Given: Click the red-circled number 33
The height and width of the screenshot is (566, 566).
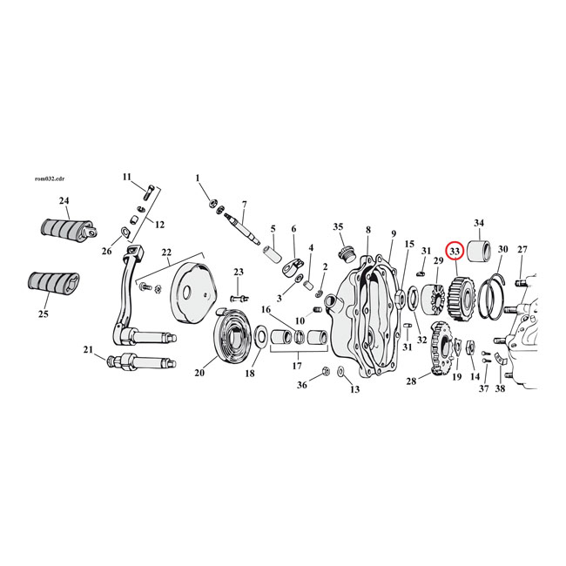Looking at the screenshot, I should click(454, 251).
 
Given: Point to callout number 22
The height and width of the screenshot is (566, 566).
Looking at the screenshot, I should click(165, 253).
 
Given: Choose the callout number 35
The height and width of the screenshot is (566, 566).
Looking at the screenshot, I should click(339, 227).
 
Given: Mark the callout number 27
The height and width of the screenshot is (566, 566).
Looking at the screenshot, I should click(522, 249).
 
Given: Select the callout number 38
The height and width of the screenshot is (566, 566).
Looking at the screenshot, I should click(500, 389).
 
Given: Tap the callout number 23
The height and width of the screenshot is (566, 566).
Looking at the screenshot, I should click(238, 271).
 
